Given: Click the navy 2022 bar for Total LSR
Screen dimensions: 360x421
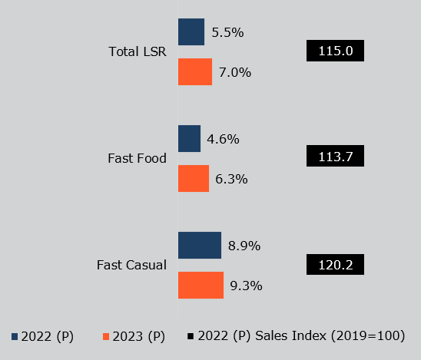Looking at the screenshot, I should coord(191,32).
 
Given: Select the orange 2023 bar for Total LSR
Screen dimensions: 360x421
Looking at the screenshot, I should coord(195,72).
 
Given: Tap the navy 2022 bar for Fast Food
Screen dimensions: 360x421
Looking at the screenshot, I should coord(189,139).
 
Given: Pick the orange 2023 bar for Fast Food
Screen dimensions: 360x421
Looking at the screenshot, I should coord(194,179).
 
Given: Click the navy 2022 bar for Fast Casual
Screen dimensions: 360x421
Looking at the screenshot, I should coord(200,246).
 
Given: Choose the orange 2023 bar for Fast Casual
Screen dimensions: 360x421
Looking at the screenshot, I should coord(201,285).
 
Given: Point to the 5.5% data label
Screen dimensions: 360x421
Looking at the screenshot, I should coord(227,32).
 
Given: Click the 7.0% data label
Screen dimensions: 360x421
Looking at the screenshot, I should coord(235,72).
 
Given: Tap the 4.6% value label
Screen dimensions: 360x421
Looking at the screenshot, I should coord(224,139).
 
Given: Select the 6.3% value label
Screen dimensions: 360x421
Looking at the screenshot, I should coord(231,179).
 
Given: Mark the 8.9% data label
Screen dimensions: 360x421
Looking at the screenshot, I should coord(244,246).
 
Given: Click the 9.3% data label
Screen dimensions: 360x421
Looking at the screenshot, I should coord(247,286).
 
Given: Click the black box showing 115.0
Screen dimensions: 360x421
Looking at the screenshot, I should coord(335,51).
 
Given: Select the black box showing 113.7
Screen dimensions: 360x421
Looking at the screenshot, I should coord(335,157).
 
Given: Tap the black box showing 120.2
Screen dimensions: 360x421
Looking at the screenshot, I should coord(335,265).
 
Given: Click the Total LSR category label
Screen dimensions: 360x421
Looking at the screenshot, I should coord(138,52).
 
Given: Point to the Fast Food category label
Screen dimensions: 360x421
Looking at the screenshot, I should coord(138,159).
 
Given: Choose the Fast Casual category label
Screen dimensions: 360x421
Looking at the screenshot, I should coord(131,266).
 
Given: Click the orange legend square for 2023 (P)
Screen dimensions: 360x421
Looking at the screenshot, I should coord(106,337).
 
